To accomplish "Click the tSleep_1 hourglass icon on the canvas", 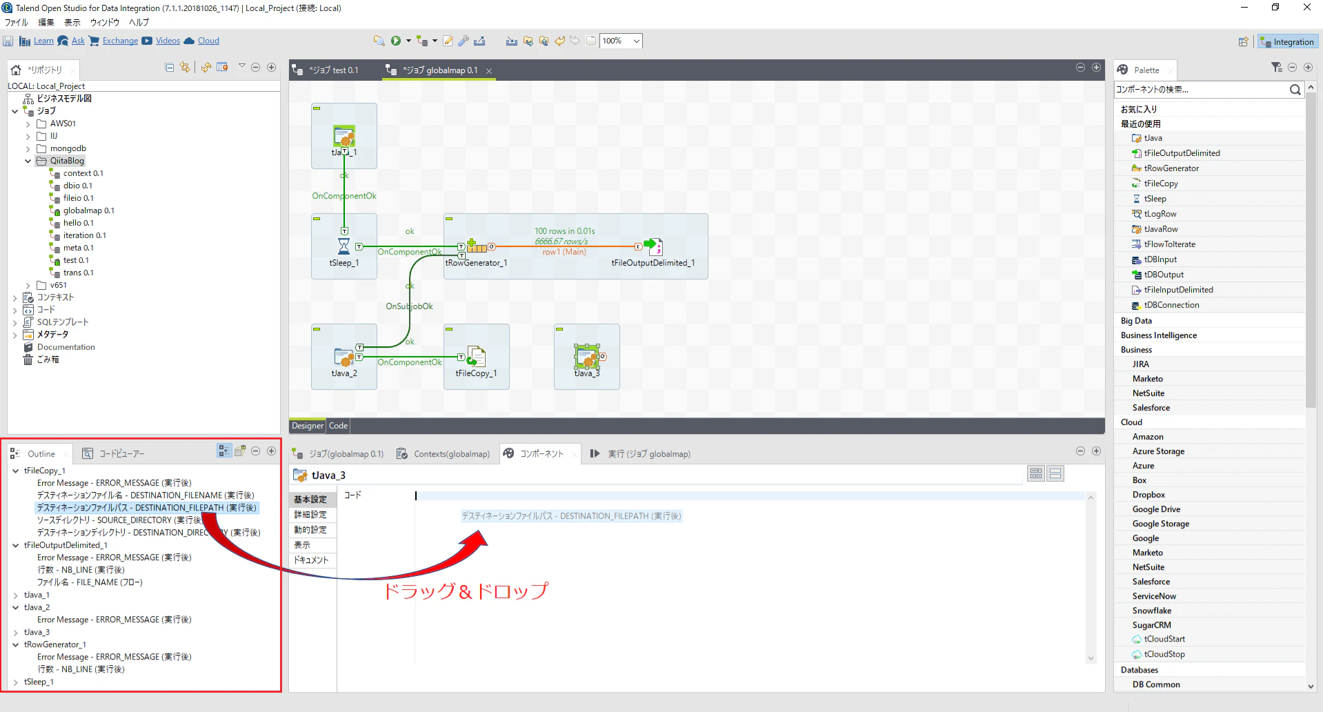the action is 344,246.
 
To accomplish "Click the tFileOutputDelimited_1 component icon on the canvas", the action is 653,246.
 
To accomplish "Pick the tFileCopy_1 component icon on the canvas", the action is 476,357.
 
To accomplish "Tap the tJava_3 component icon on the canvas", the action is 587,357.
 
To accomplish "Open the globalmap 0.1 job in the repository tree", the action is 88,210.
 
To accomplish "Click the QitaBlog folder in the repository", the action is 67,161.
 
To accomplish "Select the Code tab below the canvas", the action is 338,426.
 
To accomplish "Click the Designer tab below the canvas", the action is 307,426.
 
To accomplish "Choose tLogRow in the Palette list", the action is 1160,214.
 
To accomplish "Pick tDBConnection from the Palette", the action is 1171,305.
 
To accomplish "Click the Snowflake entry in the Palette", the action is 1152,611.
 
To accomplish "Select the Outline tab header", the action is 41,454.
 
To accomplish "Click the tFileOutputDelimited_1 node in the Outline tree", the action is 66,545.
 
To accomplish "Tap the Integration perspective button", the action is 1287,42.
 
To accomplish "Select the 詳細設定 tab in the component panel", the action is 310,515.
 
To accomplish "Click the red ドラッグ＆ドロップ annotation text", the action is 466,591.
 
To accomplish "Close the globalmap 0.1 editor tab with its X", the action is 489,70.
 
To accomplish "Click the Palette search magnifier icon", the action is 1295,90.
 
